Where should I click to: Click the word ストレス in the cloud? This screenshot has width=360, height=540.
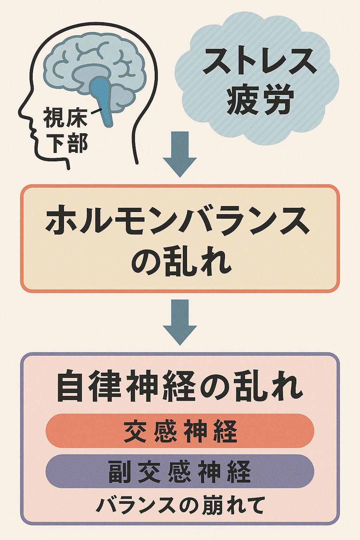(x=258, y=60)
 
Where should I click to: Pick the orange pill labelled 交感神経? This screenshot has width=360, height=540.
(x=180, y=431)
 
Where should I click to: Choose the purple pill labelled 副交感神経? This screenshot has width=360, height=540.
(x=180, y=471)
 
